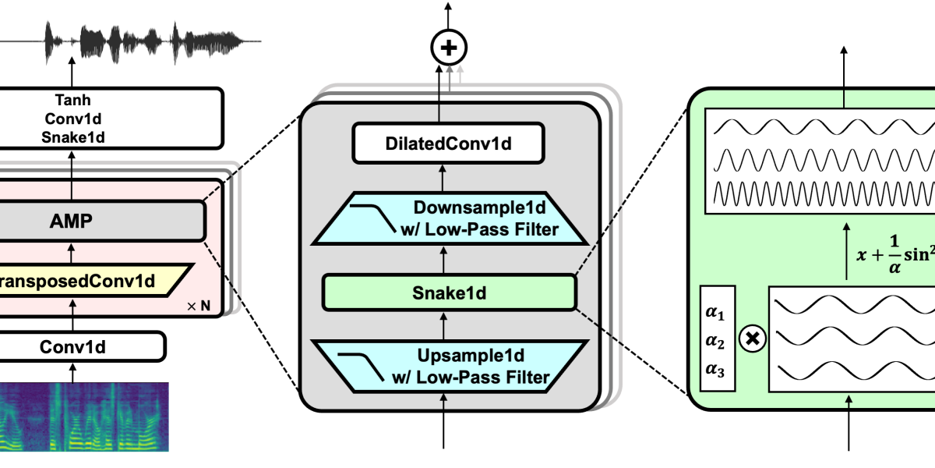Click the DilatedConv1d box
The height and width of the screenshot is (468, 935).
(x=447, y=144)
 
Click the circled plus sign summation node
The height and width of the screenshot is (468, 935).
(x=448, y=48)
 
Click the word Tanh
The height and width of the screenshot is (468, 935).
(x=73, y=101)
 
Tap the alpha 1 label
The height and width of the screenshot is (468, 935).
(x=714, y=314)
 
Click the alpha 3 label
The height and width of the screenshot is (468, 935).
(x=714, y=370)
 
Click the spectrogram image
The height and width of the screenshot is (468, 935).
(x=84, y=417)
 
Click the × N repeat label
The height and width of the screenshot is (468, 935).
(x=199, y=306)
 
